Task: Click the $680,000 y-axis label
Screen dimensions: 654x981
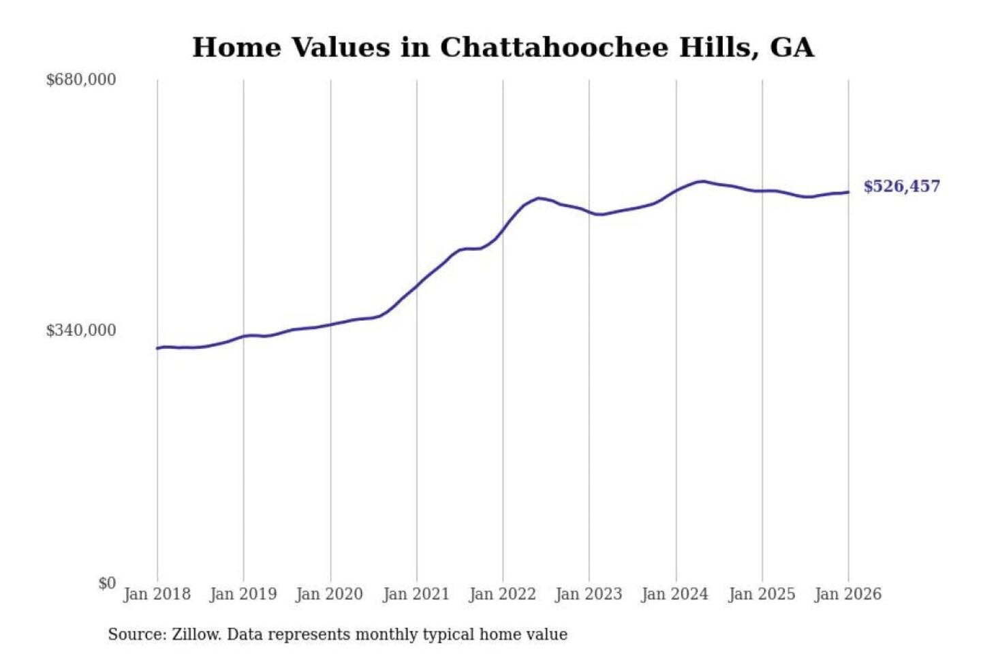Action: (x=80, y=80)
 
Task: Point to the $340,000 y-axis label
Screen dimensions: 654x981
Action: (x=80, y=330)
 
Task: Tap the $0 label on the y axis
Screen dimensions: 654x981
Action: (x=107, y=583)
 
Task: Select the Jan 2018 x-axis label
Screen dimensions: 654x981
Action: (x=157, y=594)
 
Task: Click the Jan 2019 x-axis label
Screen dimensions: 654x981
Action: (x=243, y=594)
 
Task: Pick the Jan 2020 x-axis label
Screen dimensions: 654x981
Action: (x=329, y=594)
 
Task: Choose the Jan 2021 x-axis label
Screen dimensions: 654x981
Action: (x=416, y=594)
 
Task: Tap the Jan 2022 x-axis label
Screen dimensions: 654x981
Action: (x=503, y=594)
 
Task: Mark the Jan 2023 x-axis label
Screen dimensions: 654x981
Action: (x=589, y=594)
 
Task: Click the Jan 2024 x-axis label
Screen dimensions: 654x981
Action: (x=675, y=594)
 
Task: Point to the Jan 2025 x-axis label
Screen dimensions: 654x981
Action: (x=762, y=594)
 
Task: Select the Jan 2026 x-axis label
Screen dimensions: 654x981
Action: (x=848, y=594)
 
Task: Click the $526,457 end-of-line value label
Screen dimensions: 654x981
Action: (x=901, y=187)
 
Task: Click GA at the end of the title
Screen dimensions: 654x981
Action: (x=792, y=48)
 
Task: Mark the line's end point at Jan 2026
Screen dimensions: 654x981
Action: (x=848, y=192)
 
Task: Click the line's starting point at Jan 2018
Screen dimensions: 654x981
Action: (x=157, y=348)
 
